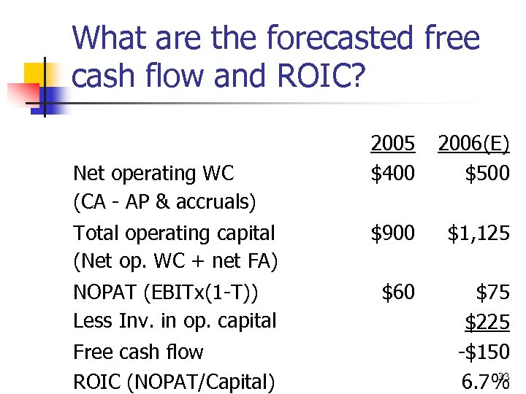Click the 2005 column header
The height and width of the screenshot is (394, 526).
pos(392,144)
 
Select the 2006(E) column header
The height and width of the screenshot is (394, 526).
pos(473,144)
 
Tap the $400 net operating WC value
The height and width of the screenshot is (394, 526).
pos(392,174)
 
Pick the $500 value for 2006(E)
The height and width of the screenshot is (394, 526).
pos(487,174)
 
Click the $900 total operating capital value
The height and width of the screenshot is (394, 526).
pos(392,233)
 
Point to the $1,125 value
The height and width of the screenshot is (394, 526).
pos(479,233)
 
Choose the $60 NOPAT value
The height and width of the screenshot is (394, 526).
pos(398,293)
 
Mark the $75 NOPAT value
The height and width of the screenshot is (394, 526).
pos(492,293)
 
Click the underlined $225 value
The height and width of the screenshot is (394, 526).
pos(487,321)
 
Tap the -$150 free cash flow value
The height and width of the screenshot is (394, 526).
pos(483,352)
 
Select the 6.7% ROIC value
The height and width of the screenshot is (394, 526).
pos(485,381)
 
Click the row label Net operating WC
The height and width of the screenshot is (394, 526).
pos(153,174)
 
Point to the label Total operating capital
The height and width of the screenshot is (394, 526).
pos(174,233)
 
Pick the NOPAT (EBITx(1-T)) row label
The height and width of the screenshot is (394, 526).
pos(166,293)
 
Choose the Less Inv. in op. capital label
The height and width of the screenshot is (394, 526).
pos(175,321)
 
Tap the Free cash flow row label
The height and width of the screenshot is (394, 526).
pos(138,352)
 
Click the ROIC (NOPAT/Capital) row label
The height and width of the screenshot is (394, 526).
pos(174,381)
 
